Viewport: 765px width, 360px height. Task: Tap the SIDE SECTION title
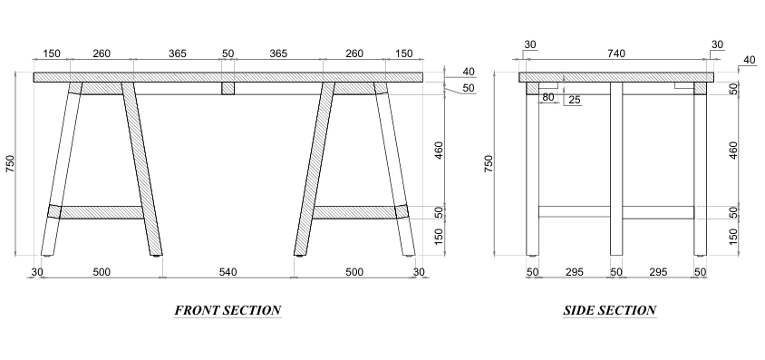(609, 310)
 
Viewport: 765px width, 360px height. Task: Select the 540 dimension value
(228, 272)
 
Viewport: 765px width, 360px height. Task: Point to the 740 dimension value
(616, 54)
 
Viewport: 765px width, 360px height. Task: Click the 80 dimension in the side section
(547, 97)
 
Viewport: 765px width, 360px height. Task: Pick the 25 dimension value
(575, 100)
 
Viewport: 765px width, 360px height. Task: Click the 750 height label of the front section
(10, 163)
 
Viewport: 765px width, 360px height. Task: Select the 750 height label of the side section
(489, 163)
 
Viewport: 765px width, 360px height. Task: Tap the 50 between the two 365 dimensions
(228, 54)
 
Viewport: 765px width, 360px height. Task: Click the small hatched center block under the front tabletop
(228, 88)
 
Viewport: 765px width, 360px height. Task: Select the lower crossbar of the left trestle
(101, 212)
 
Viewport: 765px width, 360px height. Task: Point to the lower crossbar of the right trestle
(353, 212)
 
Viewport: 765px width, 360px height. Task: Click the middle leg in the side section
(616, 169)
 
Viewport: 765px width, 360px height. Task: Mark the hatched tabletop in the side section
(616, 77)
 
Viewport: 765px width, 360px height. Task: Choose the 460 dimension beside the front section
(439, 151)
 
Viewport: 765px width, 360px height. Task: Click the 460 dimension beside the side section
(733, 151)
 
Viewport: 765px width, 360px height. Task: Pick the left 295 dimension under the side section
(575, 272)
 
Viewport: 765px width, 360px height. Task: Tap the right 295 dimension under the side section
(658, 272)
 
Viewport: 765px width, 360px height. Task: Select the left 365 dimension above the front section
(177, 54)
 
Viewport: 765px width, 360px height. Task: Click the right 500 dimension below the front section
(354, 272)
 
